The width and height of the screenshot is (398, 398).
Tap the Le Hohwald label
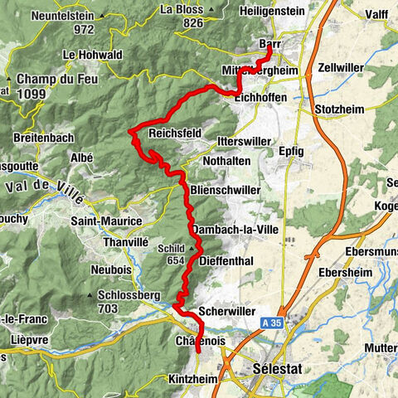(91, 55)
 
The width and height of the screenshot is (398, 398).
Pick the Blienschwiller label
(226, 190)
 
